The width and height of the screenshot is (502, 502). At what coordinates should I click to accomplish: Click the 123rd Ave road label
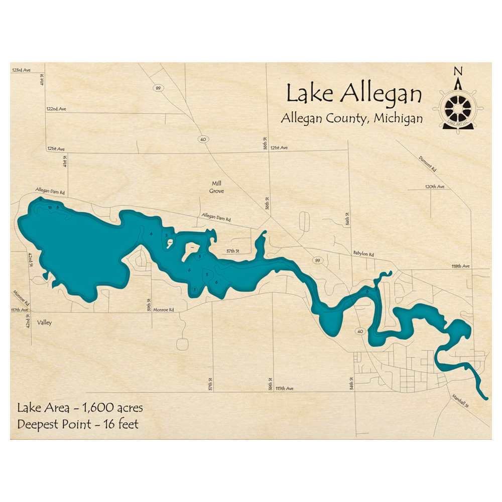click(22, 70)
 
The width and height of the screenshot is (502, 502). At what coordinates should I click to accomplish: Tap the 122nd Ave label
click(56, 109)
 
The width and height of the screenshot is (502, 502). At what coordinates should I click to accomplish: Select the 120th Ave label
click(435, 186)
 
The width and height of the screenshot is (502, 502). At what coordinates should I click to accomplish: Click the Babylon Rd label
click(363, 255)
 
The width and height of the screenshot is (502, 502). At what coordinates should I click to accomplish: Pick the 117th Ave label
click(19, 310)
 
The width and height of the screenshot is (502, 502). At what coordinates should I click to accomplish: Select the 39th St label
click(149, 304)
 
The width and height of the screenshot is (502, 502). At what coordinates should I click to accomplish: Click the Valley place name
click(44, 323)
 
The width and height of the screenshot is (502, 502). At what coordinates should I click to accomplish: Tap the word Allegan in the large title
click(382, 93)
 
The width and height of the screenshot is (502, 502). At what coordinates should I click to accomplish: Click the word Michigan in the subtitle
click(397, 118)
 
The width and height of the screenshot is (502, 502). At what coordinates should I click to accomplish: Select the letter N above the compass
click(457, 71)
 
